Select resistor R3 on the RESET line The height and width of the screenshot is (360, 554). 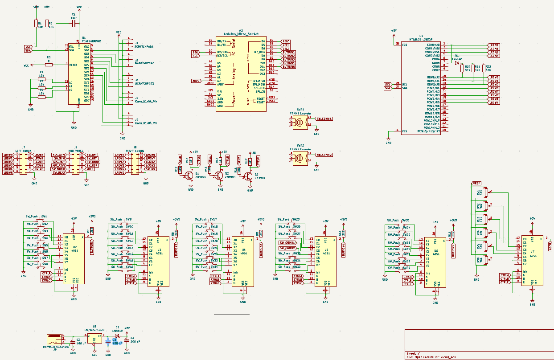(49, 65)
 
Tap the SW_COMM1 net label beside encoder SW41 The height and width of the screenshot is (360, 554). (324, 119)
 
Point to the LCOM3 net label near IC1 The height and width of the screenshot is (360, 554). (494, 56)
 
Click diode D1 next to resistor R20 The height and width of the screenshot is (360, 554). (457, 63)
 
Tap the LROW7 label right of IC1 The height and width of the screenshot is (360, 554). (494, 102)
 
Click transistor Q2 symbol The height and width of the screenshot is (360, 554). (218, 175)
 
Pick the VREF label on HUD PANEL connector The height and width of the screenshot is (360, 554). (90, 169)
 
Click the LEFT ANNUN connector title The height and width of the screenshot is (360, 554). (23, 151)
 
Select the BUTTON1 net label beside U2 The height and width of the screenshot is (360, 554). (92, 246)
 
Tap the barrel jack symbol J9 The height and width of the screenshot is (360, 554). (54, 338)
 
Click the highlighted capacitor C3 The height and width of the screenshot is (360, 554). (108, 341)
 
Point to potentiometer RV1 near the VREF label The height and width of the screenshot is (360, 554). (487, 192)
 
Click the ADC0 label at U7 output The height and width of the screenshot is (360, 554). (550, 245)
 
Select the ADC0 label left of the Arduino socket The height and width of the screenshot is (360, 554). (196, 81)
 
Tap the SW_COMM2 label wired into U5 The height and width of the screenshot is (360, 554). (287, 248)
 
